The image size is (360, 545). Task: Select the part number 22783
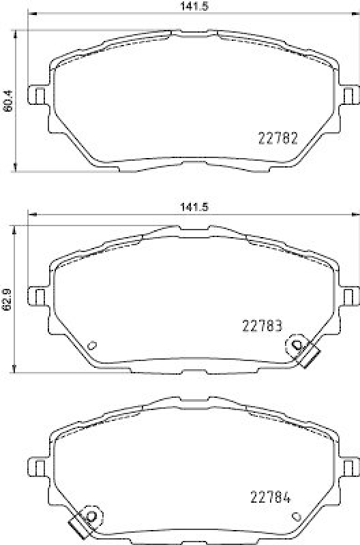click(262, 326)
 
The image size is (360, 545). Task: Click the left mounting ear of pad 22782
click(37, 94)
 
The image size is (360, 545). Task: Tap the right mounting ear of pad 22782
click(350, 94)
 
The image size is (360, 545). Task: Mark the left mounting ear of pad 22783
click(37, 296)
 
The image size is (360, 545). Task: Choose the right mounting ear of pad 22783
click(350, 296)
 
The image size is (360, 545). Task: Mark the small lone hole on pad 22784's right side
click(292, 515)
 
